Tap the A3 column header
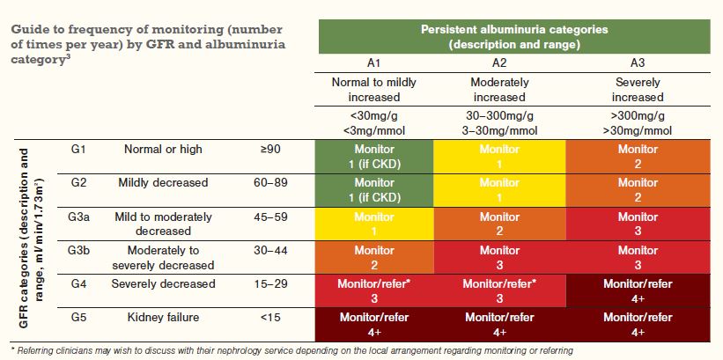638,64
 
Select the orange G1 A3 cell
638,157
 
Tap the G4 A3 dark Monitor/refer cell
638,290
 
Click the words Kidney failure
163,316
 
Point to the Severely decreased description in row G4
163,283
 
